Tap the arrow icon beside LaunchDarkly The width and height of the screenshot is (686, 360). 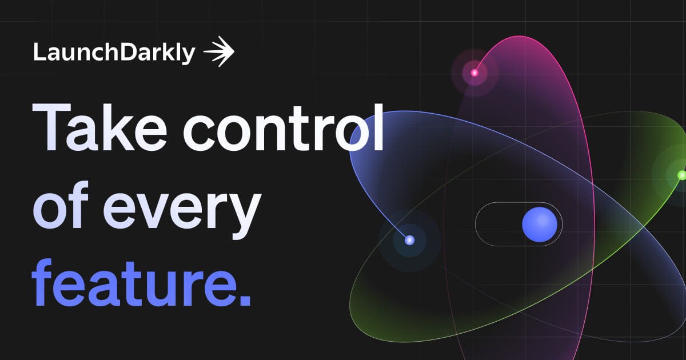coord(219,52)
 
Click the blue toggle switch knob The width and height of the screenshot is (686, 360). coord(539,224)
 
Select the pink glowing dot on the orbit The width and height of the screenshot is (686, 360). coord(474,73)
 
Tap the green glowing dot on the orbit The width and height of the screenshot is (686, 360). coord(681,175)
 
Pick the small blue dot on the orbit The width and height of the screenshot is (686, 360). coord(409,240)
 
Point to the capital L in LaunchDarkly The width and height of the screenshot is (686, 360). coord(38,53)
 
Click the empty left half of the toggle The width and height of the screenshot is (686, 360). coord(497,224)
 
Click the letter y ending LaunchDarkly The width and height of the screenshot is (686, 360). coord(189,55)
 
